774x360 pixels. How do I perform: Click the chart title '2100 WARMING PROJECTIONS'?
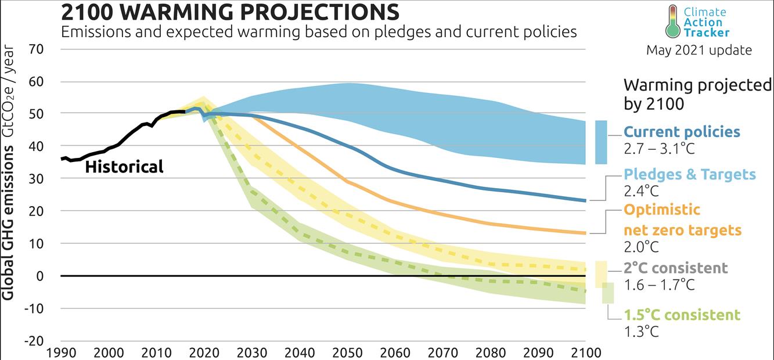[x=231, y=12]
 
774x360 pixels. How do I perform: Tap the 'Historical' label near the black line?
[x=124, y=167]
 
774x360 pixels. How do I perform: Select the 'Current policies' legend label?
[x=682, y=132]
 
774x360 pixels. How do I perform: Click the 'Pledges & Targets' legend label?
[x=690, y=174]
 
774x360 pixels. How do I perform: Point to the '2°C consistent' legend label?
[x=675, y=268]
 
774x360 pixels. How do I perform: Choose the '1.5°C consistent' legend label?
[x=682, y=315]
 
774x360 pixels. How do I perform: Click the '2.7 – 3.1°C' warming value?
[x=658, y=149]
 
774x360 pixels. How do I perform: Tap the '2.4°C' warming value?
[x=641, y=191]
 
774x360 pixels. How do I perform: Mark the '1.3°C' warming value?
[x=641, y=332]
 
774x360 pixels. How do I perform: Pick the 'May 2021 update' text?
[x=699, y=51]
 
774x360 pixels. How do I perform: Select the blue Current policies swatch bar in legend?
[x=601, y=142]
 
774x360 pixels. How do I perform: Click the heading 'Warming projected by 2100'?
[x=697, y=94]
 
